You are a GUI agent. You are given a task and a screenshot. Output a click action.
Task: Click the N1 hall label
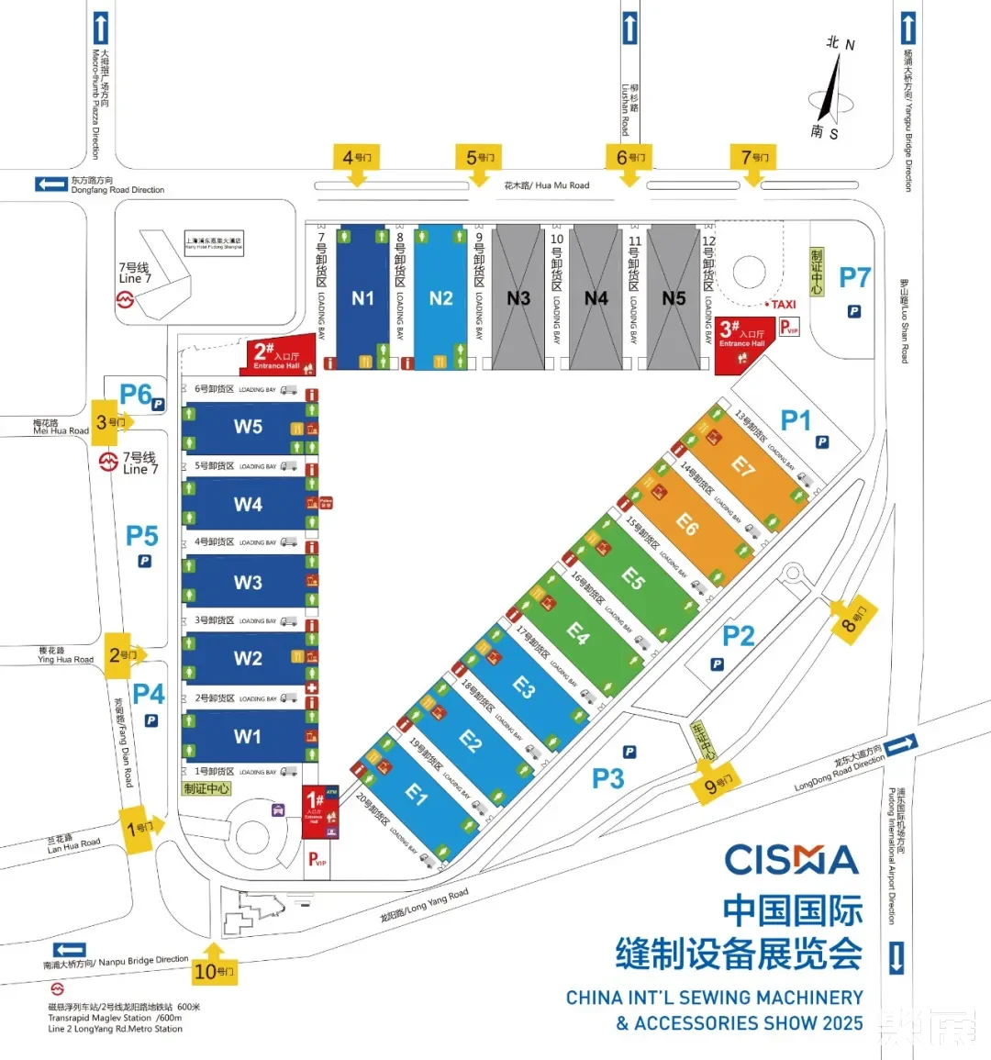point(362,298)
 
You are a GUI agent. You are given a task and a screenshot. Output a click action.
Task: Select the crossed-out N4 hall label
point(596,298)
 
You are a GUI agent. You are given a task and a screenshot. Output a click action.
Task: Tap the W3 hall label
point(248,583)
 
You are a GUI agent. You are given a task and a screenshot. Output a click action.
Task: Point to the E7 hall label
point(742,467)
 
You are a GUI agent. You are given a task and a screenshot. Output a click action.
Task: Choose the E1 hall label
point(417,794)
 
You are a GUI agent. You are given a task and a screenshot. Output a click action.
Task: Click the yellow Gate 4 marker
point(357,160)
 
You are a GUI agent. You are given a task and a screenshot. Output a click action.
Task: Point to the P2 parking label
point(738,635)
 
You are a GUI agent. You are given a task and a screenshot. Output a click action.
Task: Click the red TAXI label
point(784,305)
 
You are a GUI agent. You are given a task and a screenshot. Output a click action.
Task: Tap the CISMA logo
point(791,861)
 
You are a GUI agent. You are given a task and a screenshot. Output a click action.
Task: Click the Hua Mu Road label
point(547,185)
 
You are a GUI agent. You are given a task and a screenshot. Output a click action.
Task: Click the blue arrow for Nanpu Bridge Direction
point(70,950)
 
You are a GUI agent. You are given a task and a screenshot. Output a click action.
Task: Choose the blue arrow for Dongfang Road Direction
point(50,184)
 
